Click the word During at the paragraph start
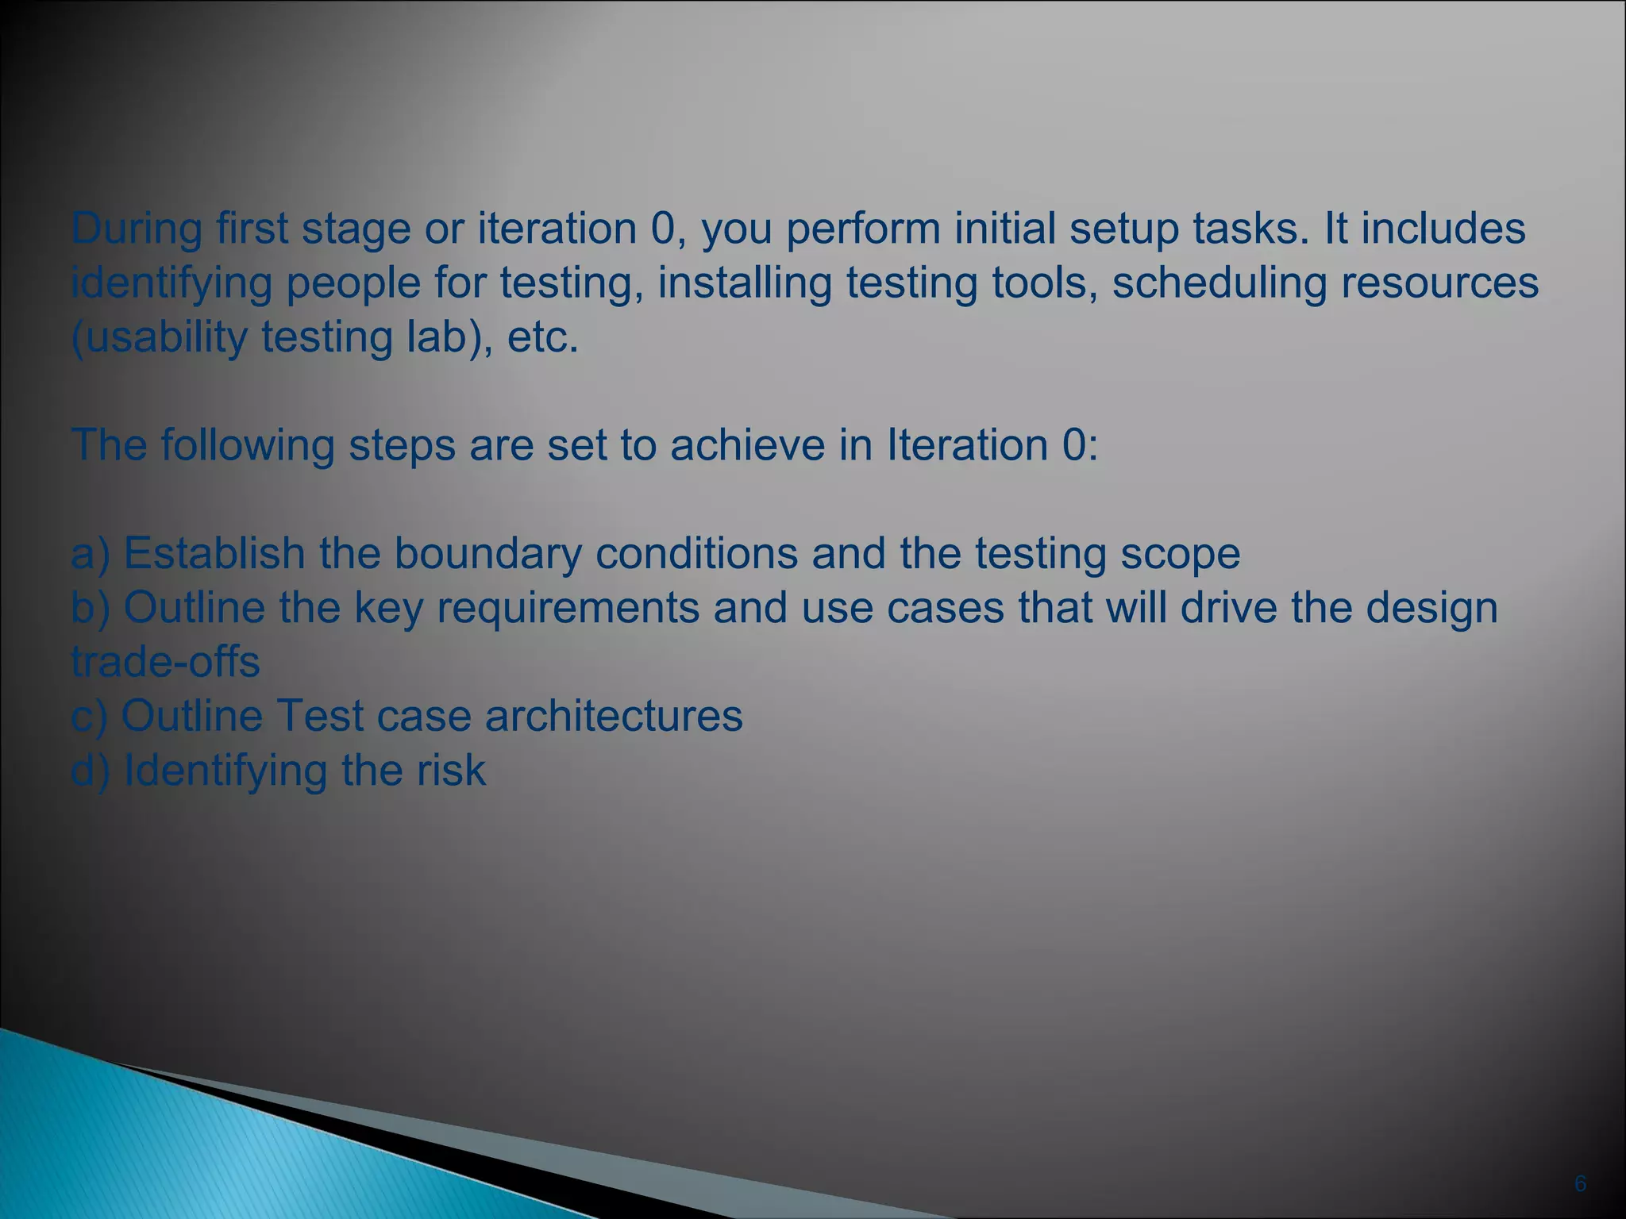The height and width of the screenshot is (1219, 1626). (137, 229)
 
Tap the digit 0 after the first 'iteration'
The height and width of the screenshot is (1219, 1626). (662, 229)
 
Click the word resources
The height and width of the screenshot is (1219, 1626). (1439, 283)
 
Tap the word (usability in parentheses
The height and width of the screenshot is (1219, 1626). (159, 337)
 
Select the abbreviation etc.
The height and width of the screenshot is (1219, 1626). (542, 337)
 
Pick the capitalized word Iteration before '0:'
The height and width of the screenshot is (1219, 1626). (966, 444)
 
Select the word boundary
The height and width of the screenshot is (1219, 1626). (487, 554)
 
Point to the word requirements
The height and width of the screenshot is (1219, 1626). (568, 609)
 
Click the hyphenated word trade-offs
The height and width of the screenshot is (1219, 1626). (165, 662)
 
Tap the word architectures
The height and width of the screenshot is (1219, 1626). (614, 716)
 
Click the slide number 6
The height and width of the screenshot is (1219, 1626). (1580, 1184)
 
